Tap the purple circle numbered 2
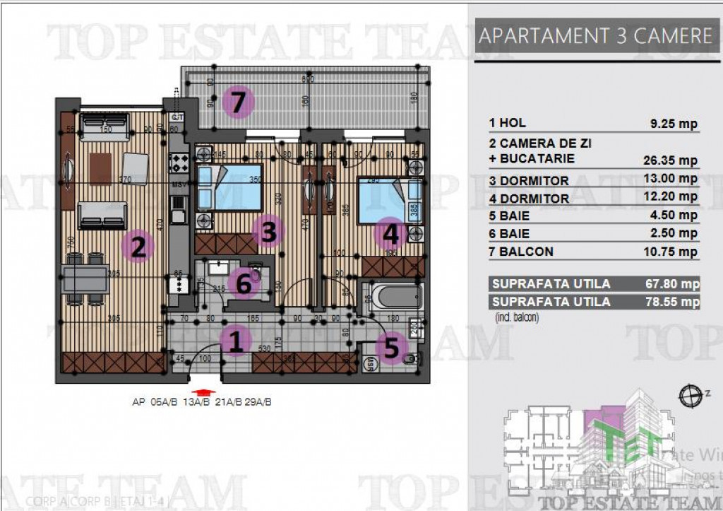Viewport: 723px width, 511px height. [138, 247]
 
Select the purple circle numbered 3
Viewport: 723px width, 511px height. [268, 230]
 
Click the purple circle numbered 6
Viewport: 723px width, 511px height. [244, 284]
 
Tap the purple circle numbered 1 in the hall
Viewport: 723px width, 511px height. [236, 342]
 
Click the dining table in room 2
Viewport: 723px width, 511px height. [89, 279]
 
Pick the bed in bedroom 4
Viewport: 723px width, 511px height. [389, 200]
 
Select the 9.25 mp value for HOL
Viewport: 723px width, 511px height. [674, 124]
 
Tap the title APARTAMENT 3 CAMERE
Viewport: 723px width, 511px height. [595, 36]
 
